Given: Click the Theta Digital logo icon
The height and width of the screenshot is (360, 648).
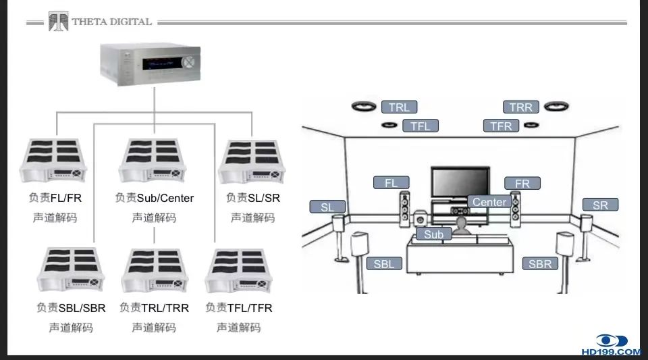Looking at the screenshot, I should tap(58, 22).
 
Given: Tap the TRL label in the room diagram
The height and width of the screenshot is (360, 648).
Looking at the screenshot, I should tap(399, 107).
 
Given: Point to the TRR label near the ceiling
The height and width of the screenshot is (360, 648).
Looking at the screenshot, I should tap(520, 107).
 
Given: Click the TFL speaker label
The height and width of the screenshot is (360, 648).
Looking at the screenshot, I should tap(420, 126).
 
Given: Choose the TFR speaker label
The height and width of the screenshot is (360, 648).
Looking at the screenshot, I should tap(501, 126).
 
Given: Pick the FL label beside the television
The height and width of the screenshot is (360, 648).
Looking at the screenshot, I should tap(391, 183).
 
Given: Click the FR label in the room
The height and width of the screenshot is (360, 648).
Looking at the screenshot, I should tap(522, 183).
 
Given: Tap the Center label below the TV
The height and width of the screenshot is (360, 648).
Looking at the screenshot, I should tap(489, 202).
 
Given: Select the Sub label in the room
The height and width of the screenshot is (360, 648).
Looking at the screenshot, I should tap(433, 234).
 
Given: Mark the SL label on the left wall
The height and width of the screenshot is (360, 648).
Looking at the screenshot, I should tap(327, 207).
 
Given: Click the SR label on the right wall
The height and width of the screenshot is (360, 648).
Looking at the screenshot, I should tap(599, 205).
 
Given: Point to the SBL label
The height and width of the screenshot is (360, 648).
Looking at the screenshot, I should tap(383, 264).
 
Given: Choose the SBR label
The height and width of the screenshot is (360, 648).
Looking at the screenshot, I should tap(540, 264).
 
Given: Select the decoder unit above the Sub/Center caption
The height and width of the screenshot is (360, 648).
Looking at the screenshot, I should tap(153, 162).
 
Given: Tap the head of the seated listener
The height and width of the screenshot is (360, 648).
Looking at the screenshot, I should tap(462, 222).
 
